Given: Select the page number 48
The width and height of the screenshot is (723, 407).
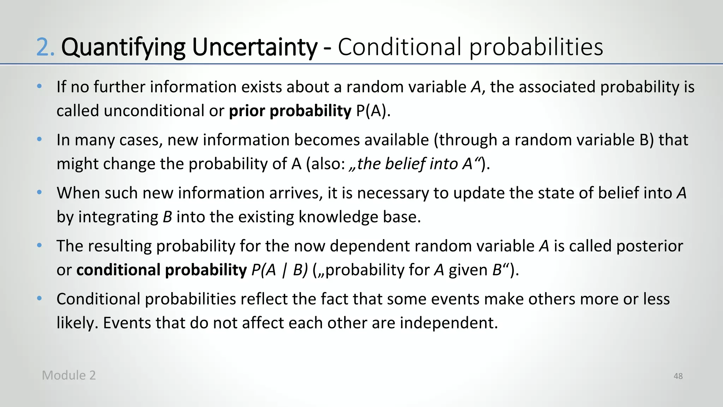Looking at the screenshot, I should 678,376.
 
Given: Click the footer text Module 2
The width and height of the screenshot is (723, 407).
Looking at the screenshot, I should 69,375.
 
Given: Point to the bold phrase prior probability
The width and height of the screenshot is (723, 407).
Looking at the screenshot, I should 290,111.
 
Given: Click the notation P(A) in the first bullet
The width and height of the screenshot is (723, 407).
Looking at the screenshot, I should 373,111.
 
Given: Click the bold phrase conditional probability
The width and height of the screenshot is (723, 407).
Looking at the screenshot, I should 161,270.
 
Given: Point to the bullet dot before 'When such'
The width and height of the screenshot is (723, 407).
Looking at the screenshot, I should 40,193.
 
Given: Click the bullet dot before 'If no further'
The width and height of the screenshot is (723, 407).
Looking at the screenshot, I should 40,86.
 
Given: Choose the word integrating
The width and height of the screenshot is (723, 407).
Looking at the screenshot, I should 118,217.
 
